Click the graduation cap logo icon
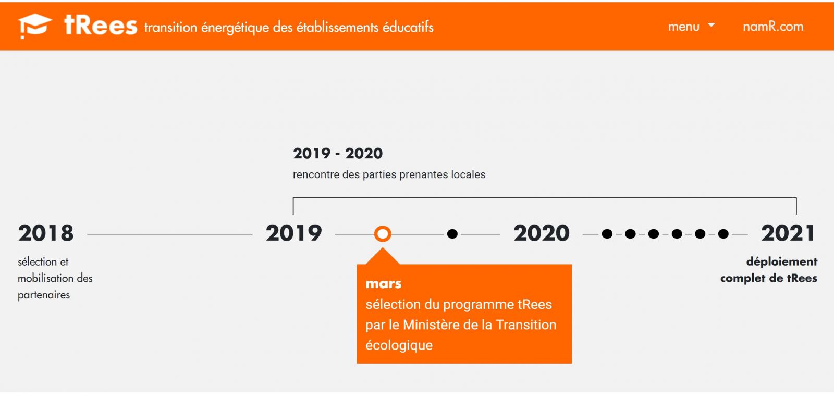tap(35, 26)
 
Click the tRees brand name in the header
tap(101, 26)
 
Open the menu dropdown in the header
tap(691, 27)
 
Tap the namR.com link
tap(773, 27)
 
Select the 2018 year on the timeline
tap(46, 233)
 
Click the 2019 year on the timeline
tap(294, 233)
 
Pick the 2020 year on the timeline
tap(542, 233)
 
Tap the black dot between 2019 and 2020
tap(452, 234)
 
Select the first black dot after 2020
tap(607, 234)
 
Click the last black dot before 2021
tap(723, 234)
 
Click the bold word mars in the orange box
tap(384, 283)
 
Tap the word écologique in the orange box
tap(399, 345)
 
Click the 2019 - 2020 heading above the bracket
tap(338, 153)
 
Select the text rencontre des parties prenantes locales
tap(389, 174)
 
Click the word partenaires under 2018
tap(44, 295)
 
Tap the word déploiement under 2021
tap(782, 261)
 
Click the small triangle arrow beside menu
tap(711, 25)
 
